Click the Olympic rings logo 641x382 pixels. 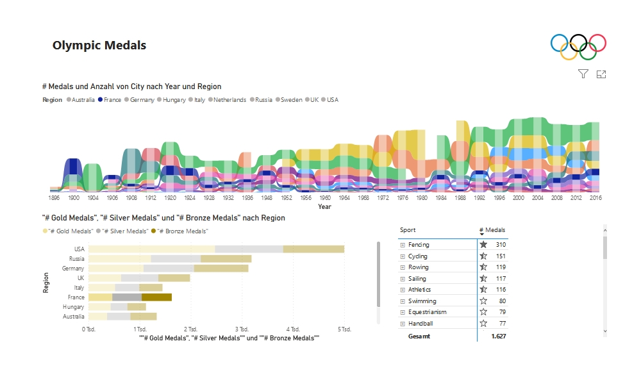578,46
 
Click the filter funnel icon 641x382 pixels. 583,74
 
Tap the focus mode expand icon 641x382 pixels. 601,74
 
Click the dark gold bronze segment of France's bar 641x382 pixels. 156,297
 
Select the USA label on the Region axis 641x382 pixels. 79,249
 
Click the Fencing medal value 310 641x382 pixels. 500,245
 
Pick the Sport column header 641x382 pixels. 408,230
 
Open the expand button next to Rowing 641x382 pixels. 403,267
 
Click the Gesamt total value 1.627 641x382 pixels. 498,336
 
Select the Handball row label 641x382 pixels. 420,324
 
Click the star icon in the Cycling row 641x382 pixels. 483,256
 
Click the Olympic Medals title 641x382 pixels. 99,46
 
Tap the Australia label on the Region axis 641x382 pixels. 73,317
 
